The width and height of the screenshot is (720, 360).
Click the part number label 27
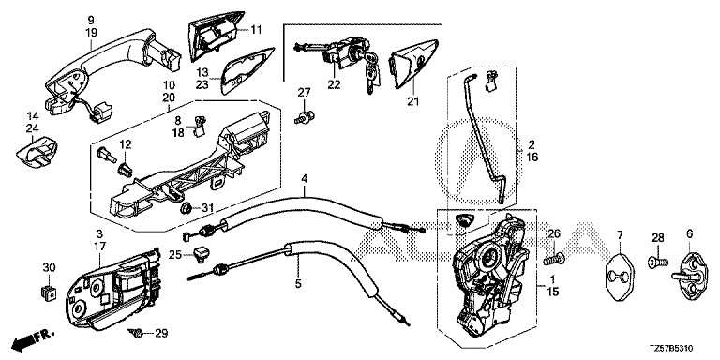(304, 93)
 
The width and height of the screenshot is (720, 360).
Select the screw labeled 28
(658, 262)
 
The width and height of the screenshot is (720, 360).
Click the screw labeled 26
(554, 260)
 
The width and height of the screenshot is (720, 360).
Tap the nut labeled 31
(186, 208)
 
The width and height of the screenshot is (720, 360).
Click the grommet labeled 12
(127, 170)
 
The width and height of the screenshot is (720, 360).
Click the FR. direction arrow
(33, 338)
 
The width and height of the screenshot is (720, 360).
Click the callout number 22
(335, 85)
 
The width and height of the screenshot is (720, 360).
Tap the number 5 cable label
(298, 284)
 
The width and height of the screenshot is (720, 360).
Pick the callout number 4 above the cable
(304, 178)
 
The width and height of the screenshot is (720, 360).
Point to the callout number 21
(412, 101)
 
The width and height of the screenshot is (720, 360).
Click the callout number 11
(256, 30)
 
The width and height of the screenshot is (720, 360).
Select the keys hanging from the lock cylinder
(372, 71)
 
